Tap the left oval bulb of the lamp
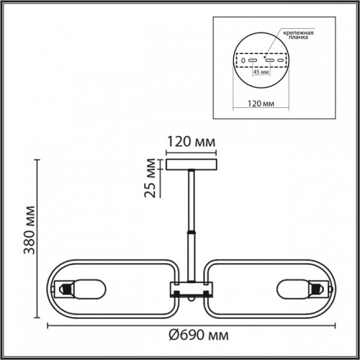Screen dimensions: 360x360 pos(91,289)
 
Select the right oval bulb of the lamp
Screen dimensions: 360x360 pos(291,289)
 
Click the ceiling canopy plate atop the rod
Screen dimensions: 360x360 pos(192,164)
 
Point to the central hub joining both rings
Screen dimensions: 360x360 pos(192,290)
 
